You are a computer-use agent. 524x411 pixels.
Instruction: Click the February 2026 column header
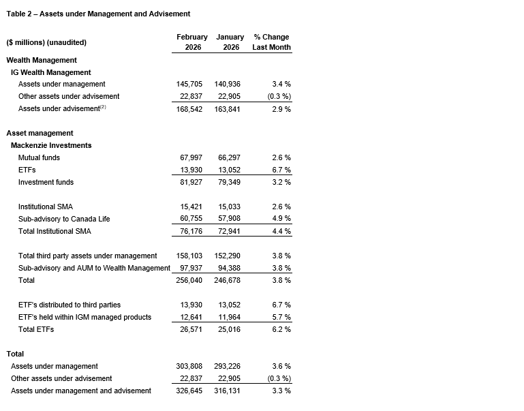[x=191, y=42]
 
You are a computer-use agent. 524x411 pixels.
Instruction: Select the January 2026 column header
[x=230, y=42]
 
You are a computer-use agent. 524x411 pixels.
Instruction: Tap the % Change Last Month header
[x=271, y=42]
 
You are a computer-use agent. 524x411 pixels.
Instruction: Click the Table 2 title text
[x=98, y=14]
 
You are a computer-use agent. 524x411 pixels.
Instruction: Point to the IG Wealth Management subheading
[x=50, y=72]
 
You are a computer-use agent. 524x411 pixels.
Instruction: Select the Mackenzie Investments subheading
[x=51, y=145]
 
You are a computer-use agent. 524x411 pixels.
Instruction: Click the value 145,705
[x=191, y=85]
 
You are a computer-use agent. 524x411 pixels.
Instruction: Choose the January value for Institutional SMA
[x=229, y=207]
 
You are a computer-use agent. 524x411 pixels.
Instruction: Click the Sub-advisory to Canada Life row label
[x=64, y=219]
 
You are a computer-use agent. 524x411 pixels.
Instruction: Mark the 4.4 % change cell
[x=281, y=231]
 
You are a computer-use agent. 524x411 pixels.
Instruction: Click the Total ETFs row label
[x=36, y=329]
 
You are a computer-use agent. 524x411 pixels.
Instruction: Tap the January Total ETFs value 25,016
[x=229, y=329]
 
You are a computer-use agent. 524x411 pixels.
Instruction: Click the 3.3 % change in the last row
[x=281, y=391]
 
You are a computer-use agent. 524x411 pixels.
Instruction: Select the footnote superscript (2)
[x=104, y=107]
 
